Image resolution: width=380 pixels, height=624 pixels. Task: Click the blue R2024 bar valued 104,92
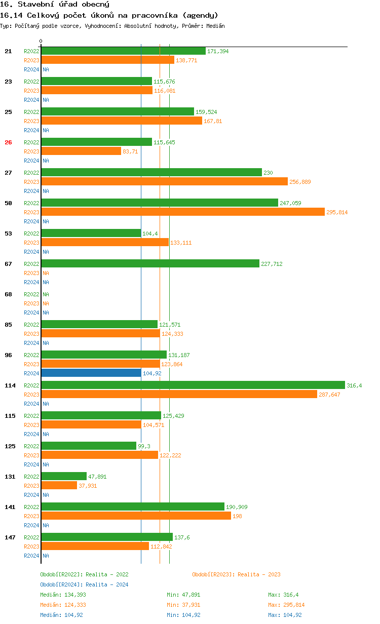91,373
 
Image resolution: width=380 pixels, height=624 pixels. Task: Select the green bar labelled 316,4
193,385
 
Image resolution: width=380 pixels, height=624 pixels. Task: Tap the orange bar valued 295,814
182,212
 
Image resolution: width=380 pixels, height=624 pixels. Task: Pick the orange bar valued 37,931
59,485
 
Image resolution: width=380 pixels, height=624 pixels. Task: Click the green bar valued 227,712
150,263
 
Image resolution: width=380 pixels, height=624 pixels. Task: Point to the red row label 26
8,142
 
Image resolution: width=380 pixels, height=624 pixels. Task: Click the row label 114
10,385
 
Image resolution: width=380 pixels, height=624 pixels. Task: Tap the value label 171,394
218,51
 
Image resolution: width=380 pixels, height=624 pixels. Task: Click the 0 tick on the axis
41,41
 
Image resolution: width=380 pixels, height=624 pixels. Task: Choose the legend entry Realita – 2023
236,574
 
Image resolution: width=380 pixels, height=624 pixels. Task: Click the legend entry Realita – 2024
84,584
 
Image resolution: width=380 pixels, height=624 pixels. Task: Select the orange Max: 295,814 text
286,605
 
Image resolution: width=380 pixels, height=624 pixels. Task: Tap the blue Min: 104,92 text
183,615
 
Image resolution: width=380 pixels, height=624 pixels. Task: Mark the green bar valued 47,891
64,476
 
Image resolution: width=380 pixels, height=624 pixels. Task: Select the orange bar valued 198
136,516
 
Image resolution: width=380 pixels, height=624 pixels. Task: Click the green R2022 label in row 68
31,294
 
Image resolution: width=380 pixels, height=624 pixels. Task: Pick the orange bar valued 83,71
81,151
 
